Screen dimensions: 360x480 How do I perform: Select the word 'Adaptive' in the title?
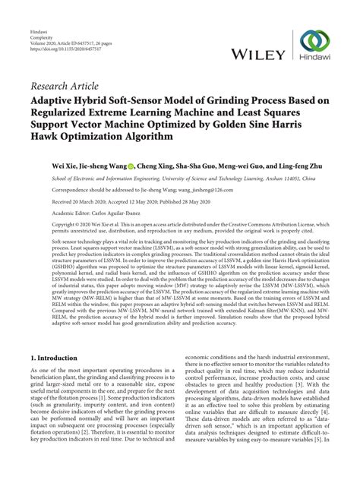(57, 99)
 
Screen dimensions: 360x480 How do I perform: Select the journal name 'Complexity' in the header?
(43, 17)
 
